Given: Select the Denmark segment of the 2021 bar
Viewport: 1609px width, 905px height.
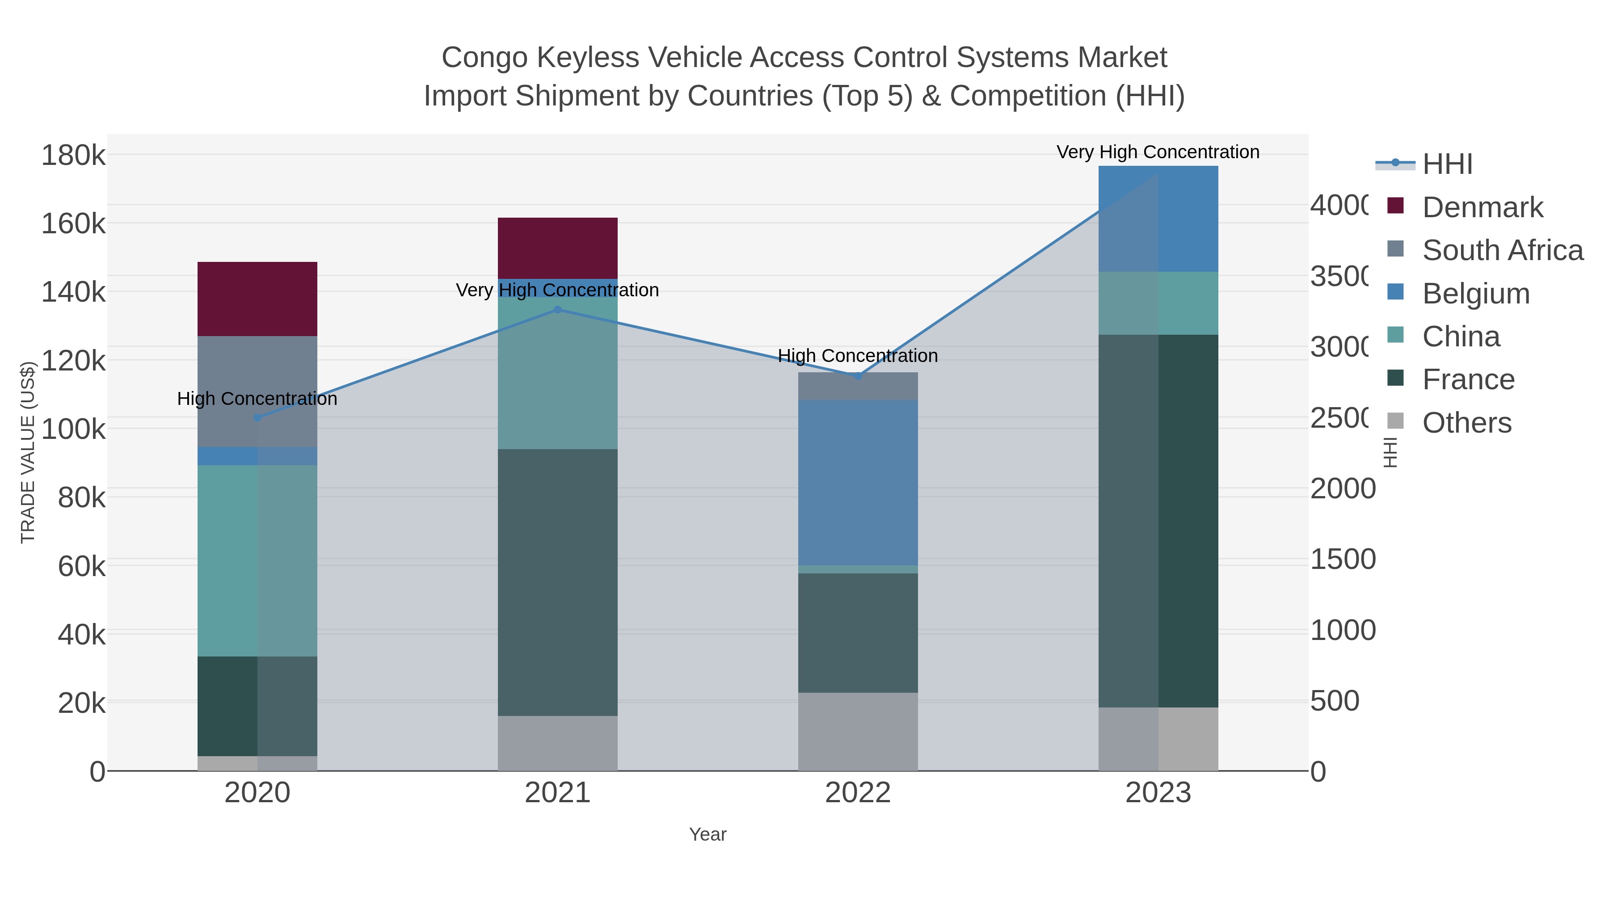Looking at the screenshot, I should (557, 248).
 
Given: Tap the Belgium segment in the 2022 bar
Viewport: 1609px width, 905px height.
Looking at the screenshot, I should (858, 482).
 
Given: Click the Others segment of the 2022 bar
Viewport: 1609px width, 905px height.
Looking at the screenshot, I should (858, 731).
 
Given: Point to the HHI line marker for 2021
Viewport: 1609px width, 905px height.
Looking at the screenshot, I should (558, 310).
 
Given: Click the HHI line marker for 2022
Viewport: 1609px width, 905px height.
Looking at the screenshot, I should (858, 376).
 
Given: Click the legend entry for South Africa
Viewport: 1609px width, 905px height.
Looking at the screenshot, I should (1502, 250).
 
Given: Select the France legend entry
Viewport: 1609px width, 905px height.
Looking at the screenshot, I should (1468, 379).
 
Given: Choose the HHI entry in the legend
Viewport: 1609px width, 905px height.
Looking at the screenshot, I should (1447, 164).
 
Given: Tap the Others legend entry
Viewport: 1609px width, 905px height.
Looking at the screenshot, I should (1466, 423).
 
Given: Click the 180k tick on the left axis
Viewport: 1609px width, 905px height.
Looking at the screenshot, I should (73, 155).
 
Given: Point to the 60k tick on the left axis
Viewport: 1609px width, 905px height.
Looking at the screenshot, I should (81, 567).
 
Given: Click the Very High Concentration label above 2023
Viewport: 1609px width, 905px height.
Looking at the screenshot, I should (1158, 152).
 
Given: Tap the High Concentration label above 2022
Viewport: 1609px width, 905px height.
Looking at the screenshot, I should (858, 355).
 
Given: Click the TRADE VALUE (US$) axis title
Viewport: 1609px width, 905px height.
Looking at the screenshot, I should (28, 452).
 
